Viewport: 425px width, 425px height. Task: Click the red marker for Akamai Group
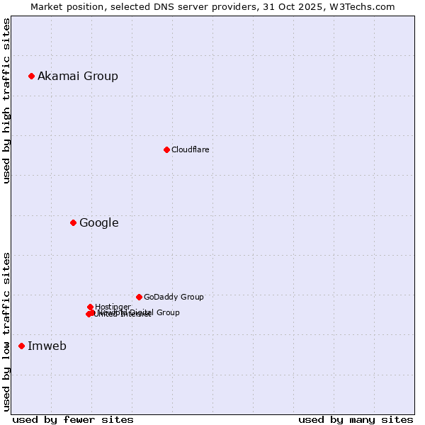[31, 76]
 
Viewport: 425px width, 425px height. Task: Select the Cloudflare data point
[166, 149]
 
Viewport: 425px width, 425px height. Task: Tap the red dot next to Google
[73, 223]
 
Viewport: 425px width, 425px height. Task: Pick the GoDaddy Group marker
[139, 297]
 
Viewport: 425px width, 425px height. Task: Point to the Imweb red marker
[21, 346]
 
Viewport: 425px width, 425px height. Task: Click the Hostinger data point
[90, 307]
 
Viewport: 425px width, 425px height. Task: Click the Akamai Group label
[78, 76]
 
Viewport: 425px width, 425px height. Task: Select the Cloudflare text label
[190, 149]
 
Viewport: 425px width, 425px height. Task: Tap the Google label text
[99, 223]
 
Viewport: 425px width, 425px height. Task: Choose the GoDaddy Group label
[174, 297]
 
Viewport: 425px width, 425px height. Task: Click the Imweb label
[47, 346]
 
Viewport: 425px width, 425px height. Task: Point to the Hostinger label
[113, 307]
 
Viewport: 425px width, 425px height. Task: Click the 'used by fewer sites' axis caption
[73, 419]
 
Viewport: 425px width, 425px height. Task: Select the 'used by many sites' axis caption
[356, 419]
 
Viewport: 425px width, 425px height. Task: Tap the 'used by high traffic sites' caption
[6, 101]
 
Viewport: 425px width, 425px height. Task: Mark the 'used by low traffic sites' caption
[6, 331]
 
